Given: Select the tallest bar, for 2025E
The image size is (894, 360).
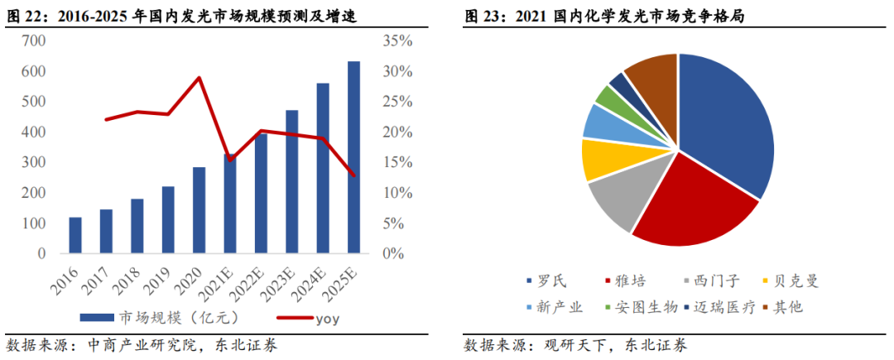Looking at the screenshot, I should pyautogui.click(x=353, y=157).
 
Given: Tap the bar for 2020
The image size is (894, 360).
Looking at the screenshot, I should pyautogui.click(x=199, y=210).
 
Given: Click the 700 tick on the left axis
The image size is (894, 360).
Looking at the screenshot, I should pyautogui.click(x=34, y=41).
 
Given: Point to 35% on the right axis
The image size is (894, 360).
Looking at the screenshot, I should pyautogui.click(x=397, y=41).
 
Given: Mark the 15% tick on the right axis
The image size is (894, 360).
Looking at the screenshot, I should pyautogui.click(x=397, y=162).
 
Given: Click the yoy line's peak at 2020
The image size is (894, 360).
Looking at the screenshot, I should pyautogui.click(x=199, y=78).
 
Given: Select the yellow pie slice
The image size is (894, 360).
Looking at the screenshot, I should pyautogui.click(x=600, y=159).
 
